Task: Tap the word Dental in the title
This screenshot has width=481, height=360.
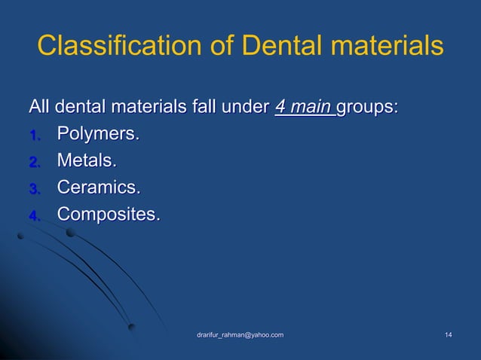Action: (269, 47)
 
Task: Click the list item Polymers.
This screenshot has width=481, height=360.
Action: (99, 136)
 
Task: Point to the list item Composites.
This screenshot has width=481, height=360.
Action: (109, 215)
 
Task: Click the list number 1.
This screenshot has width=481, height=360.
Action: (34, 136)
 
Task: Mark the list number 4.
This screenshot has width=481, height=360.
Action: (34, 216)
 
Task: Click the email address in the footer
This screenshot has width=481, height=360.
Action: (240, 334)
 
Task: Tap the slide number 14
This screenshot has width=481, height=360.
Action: (449, 334)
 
